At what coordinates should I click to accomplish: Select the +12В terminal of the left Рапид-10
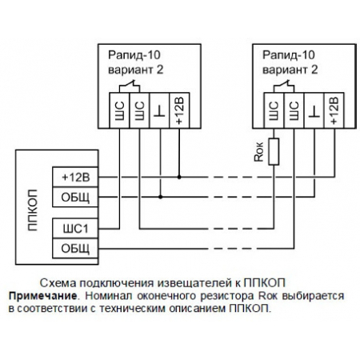point(180,110)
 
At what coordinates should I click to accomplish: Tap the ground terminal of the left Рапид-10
point(160,110)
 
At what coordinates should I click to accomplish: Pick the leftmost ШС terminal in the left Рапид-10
point(120,110)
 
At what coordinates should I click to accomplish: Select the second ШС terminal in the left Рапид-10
point(140,110)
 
